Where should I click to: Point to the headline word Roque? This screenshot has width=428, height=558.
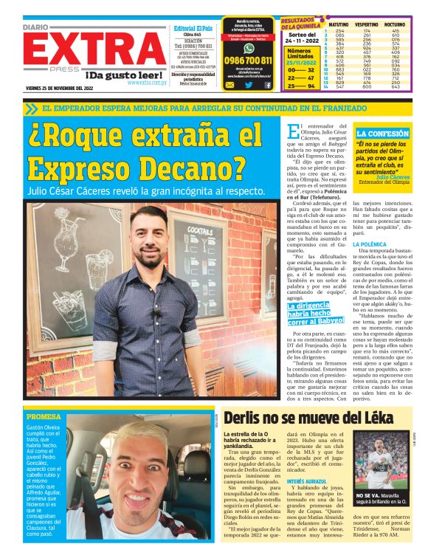82,137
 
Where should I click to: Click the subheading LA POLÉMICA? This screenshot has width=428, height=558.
368,244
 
